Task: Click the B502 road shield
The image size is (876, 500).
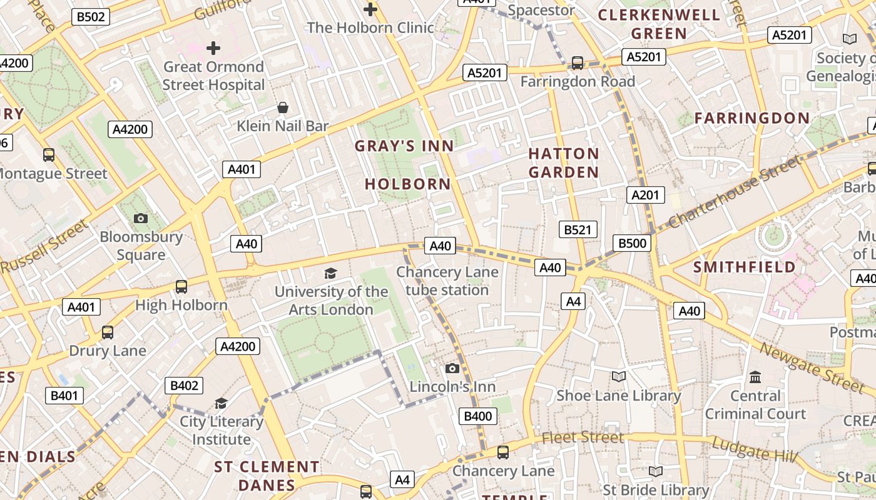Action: click(x=91, y=17)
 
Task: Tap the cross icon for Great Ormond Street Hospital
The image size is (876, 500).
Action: click(x=213, y=47)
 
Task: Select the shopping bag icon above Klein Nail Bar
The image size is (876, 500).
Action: click(x=283, y=107)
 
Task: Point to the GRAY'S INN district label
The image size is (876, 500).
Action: click(x=404, y=146)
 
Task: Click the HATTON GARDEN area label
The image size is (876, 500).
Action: click(x=564, y=162)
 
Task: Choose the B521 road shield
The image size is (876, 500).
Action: click(x=578, y=230)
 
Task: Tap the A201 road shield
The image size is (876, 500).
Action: click(x=645, y=195)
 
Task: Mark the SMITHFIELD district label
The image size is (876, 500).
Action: click(x=745, y=267)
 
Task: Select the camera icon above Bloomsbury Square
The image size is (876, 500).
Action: click(x=141, y=218)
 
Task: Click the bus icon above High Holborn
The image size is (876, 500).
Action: click(x=181, y=287)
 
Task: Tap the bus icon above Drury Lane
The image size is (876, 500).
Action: click(x=108, y=332)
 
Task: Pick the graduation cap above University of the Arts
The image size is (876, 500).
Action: click(x=330, y=273)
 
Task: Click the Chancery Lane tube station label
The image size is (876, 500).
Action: click(x=447, y=281)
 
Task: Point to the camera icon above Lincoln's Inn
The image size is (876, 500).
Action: click(x=452, y=368)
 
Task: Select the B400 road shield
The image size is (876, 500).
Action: click(x=478, y=416)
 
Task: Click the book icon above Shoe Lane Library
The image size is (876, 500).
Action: click(x=618, y=376)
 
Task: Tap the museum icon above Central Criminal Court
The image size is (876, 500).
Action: click(x=755, y=377)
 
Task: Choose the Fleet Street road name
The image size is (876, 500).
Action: click(x=583, y=437)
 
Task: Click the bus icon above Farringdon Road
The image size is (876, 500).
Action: click(x=578, y=63)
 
